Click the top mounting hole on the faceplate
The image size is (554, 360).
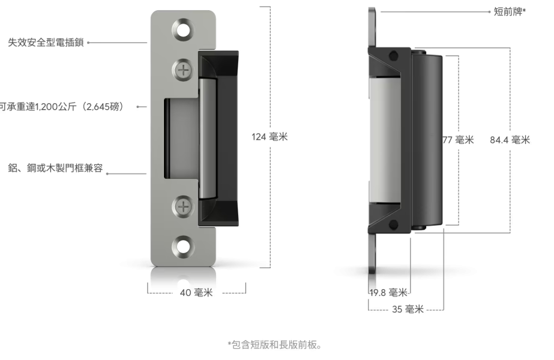pyautogui.click(x=183, y=29)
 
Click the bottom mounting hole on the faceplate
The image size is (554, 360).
pyautogui.click(x=183, y=245)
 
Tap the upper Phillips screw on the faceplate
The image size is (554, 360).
pyautogui.click(x=183, y=70)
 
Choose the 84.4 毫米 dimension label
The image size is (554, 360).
pyautogui.click(x=510, y=140)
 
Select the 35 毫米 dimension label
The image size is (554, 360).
pyautogui.click(x=409, y=310)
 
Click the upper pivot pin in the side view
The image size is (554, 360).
pyautogui.click(x=393, y=56)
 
